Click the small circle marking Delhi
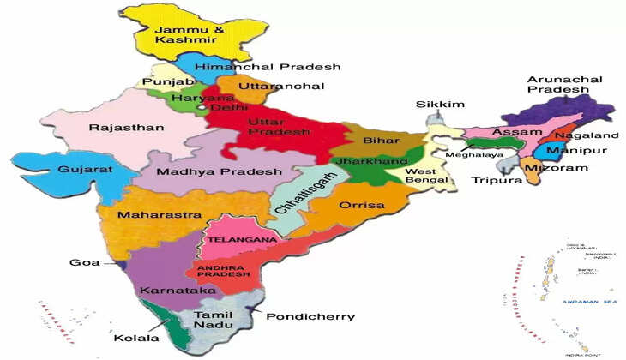click(202, 108)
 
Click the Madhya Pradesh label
click(219, 171)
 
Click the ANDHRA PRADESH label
click(223, 270)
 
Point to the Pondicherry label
click(310, 316)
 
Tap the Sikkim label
click(440, 105)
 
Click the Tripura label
click(497, 181)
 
